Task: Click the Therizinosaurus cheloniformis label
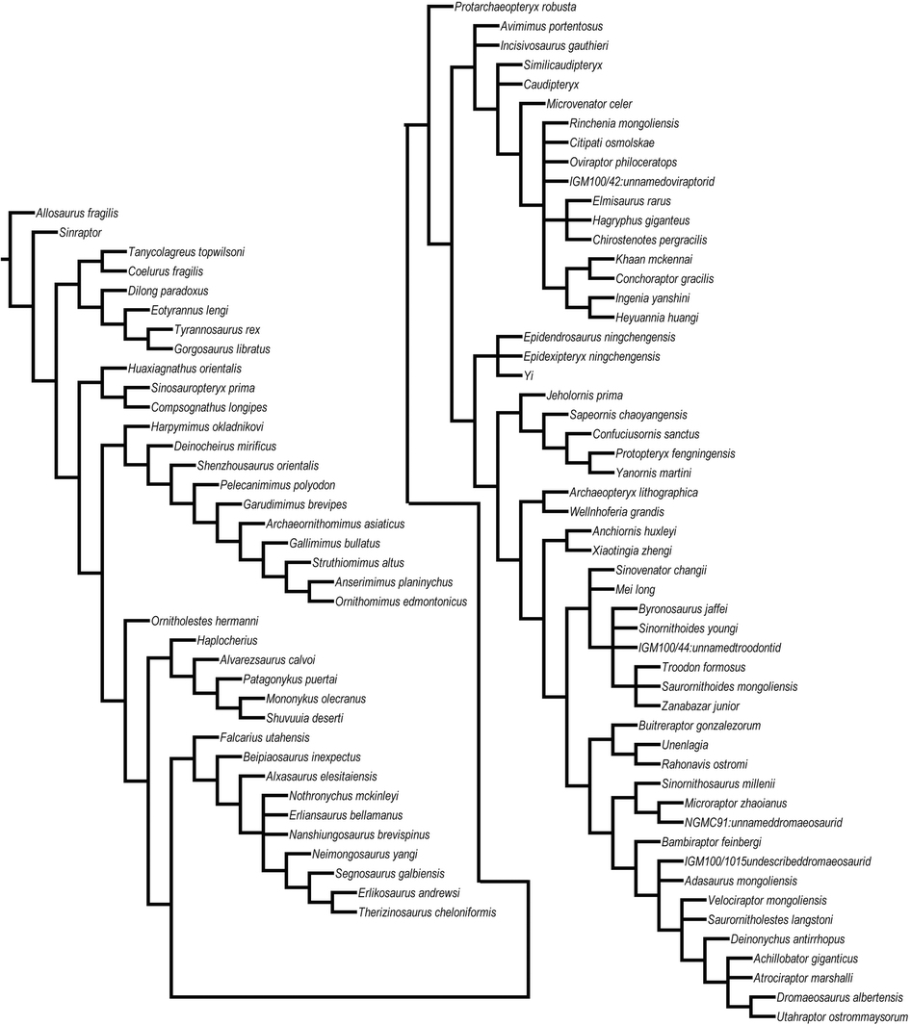point(427,912)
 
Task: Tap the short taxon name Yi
point(528,375)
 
